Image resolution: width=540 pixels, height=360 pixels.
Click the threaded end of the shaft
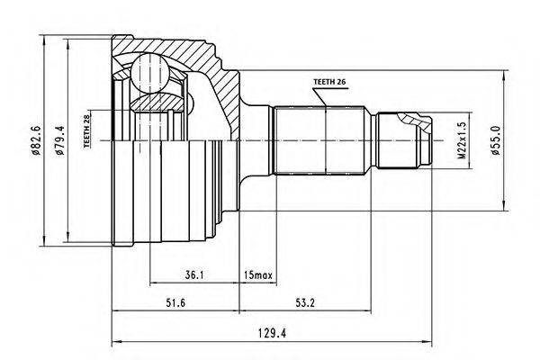click(x=405, y=140)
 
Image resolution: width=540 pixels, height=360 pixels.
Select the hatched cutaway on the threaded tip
click(x=410, y=119)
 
